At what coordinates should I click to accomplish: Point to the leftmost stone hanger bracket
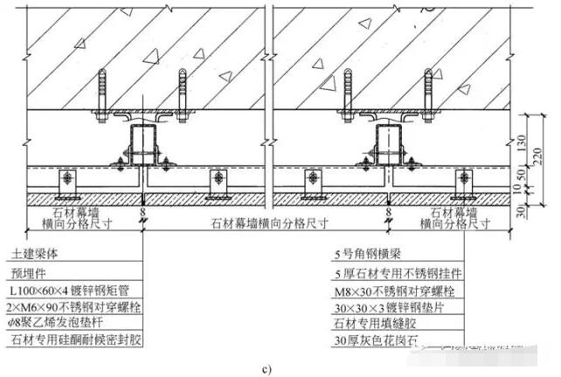[x=66, y=182]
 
